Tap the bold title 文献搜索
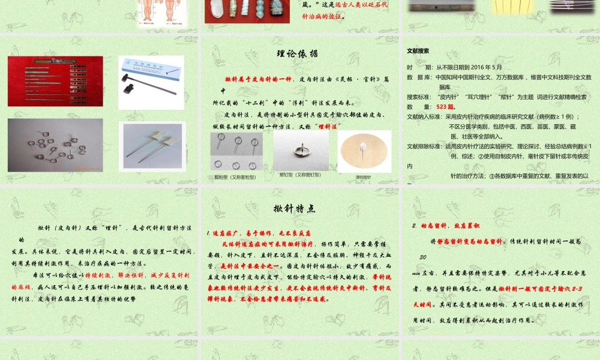(x=418, y=51)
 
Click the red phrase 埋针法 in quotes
(x=328, y=126)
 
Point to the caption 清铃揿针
(x=363, y=177)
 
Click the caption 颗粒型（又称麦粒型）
(x=235, y=177)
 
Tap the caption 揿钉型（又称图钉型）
(x=300, y=175)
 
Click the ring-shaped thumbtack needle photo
(x=301, y=151)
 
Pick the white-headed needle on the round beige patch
(x=364, y=152)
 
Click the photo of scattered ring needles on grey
(x=55, y=144)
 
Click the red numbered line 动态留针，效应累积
(x=445, y=226)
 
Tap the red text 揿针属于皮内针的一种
(x=258, y=79)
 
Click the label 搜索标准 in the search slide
(x=419, y=97)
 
